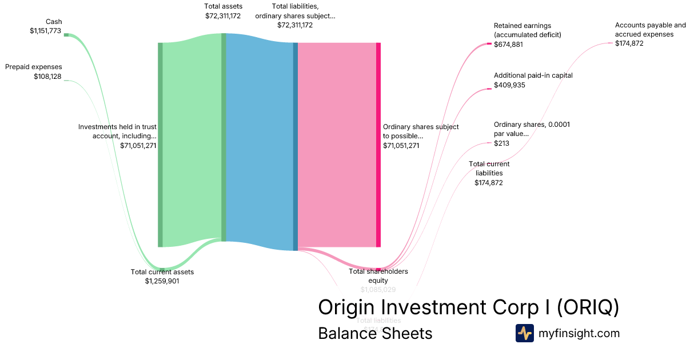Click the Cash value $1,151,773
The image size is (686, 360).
tap(45, 31)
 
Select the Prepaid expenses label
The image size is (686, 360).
tap(34, 67)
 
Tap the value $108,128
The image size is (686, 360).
tap(47, 77)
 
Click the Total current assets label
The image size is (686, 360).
tap(162, 271)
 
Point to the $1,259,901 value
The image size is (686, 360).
tap(162, 281)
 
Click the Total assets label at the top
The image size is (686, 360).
tap(223, 6)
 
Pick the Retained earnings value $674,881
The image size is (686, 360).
tap(508, 44)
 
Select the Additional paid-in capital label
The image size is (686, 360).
tap(533, 75)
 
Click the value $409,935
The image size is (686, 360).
tap(509, 85)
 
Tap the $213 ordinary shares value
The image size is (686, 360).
tap(501, 143)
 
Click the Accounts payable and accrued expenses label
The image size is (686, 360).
tap(650, 30)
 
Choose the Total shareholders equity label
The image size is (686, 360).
tap(378, 276)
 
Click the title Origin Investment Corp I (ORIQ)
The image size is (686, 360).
tap(468, 307)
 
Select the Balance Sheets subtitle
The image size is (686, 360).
tap(375, 333)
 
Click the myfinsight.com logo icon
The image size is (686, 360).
tap(524, 333)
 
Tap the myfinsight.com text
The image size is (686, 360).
tap(579, 333)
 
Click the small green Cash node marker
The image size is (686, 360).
tap(66, 35)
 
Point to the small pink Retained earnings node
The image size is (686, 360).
tap(489, 43)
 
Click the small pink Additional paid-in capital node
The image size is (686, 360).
tap(489, 89)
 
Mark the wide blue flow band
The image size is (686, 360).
tap(260, 143)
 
